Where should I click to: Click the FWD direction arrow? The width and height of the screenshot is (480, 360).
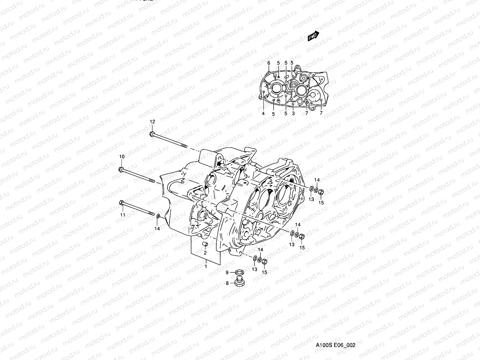pyautogui.click(x=313, y=36)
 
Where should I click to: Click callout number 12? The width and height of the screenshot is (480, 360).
pyautogui.click(x=152, y=121)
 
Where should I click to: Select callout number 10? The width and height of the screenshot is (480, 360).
pyautogui.click(x=122, y=157)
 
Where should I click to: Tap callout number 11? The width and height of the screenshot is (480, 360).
pyautogui.click(x=123, y=215)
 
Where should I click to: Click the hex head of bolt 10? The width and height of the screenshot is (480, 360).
pyautogui.click(x=121, y=169)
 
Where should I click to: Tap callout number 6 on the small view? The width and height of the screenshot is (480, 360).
pyautogui.click(x=269, y=63)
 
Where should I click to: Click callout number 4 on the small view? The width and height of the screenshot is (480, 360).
pyautogui.click(x=263, y=114)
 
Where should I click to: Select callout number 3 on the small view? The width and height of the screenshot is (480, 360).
pyautogui.click(x=293, y=114)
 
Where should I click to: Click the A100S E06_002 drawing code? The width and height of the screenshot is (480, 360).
pyautogui.click(x=335, y=345)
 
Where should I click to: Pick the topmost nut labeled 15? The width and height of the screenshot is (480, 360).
pyautogui.click(x=320, y=192)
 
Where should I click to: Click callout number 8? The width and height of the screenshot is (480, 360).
pyautogui.click(x=227, y=283)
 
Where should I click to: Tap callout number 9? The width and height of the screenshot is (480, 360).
pyautogui.click(x=227, y=272)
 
